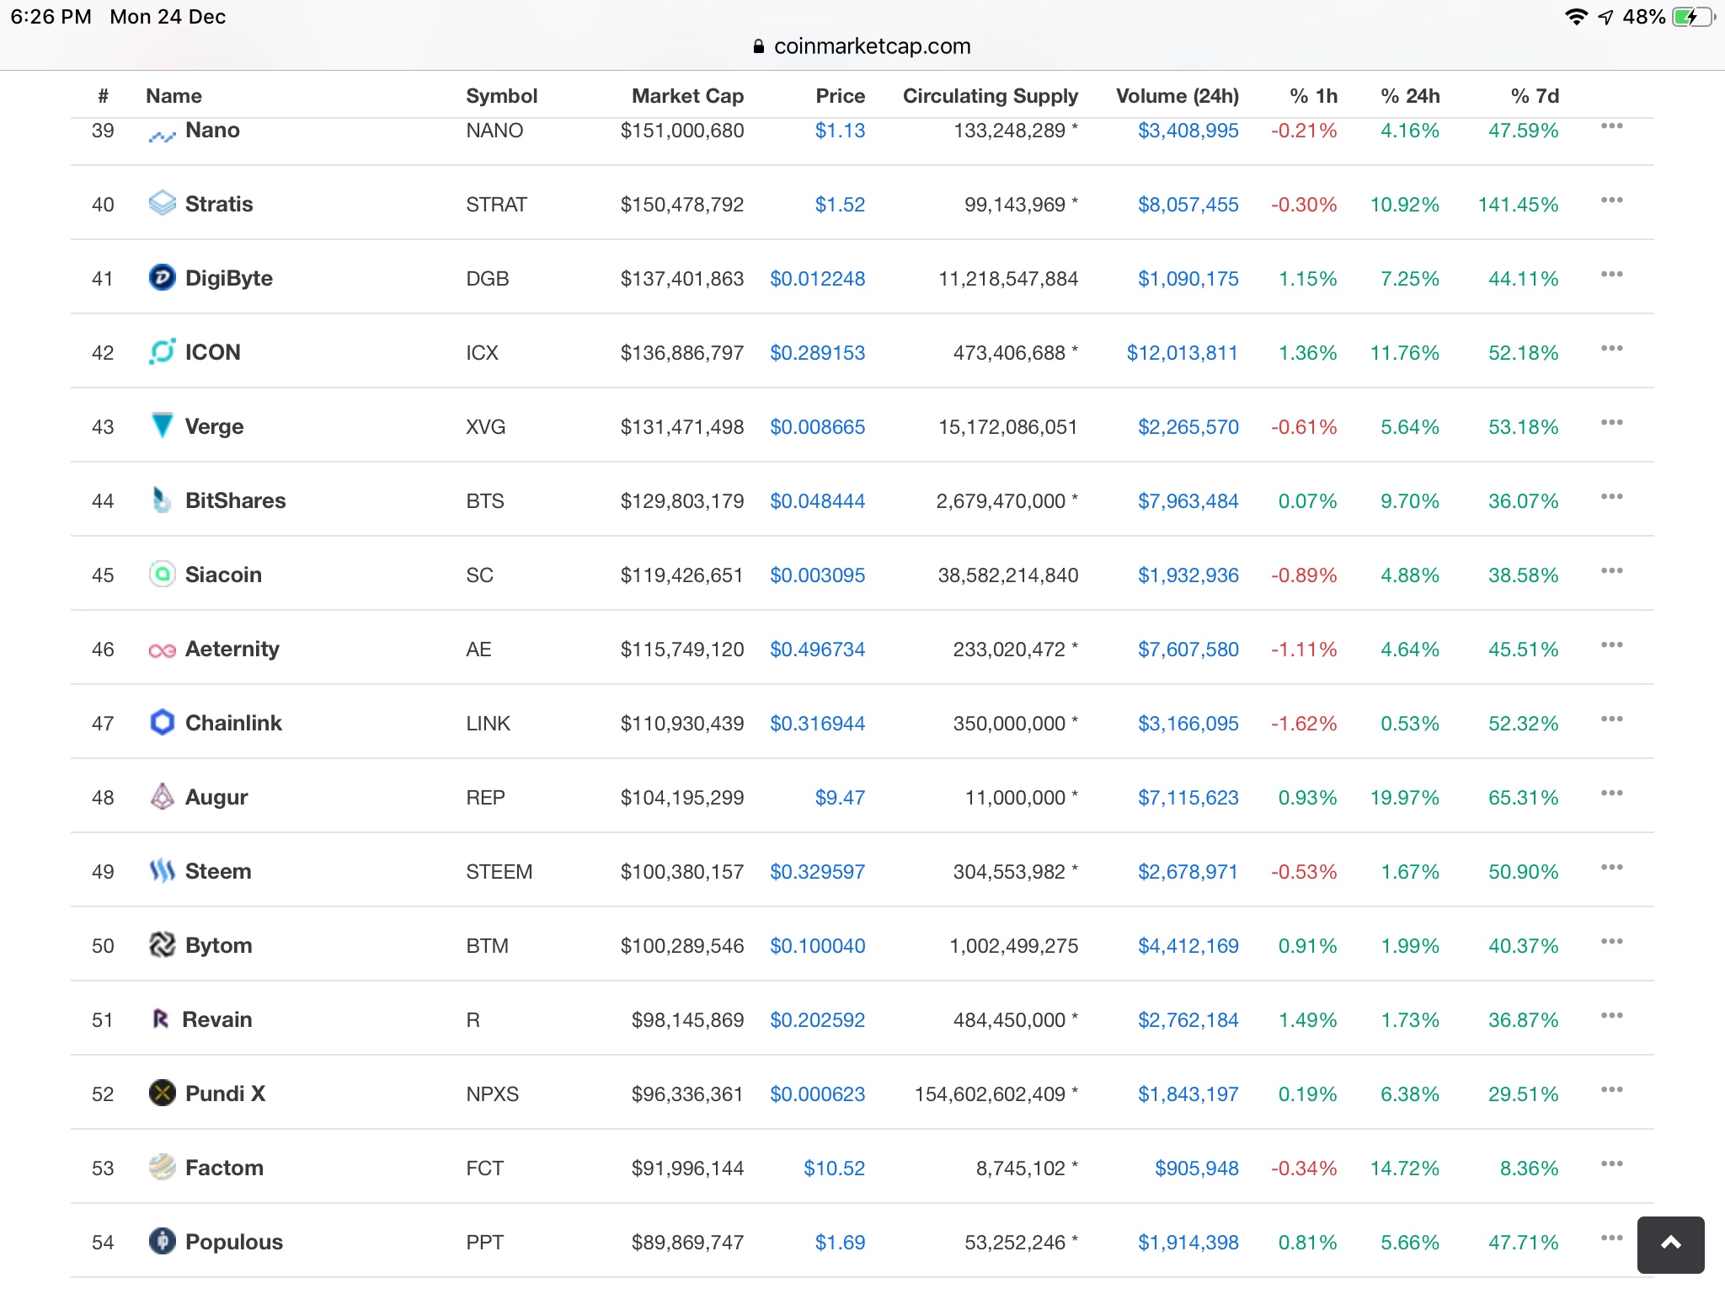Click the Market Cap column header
687,96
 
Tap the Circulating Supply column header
990,96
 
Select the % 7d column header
1534,96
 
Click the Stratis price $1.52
840,205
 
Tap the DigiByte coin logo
162,277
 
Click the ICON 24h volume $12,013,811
1182,353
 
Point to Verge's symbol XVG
485,427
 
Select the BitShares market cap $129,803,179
681,501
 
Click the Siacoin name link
223,575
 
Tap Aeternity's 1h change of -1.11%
1303,650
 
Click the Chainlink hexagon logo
162,722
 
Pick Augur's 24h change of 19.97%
1404,798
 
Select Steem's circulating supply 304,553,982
1009,872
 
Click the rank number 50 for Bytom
103,946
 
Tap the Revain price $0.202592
817,1020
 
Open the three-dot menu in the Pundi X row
1611,1090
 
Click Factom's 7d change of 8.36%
1529,1168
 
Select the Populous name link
233,1242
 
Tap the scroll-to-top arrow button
1670,1243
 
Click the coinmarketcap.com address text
872,46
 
